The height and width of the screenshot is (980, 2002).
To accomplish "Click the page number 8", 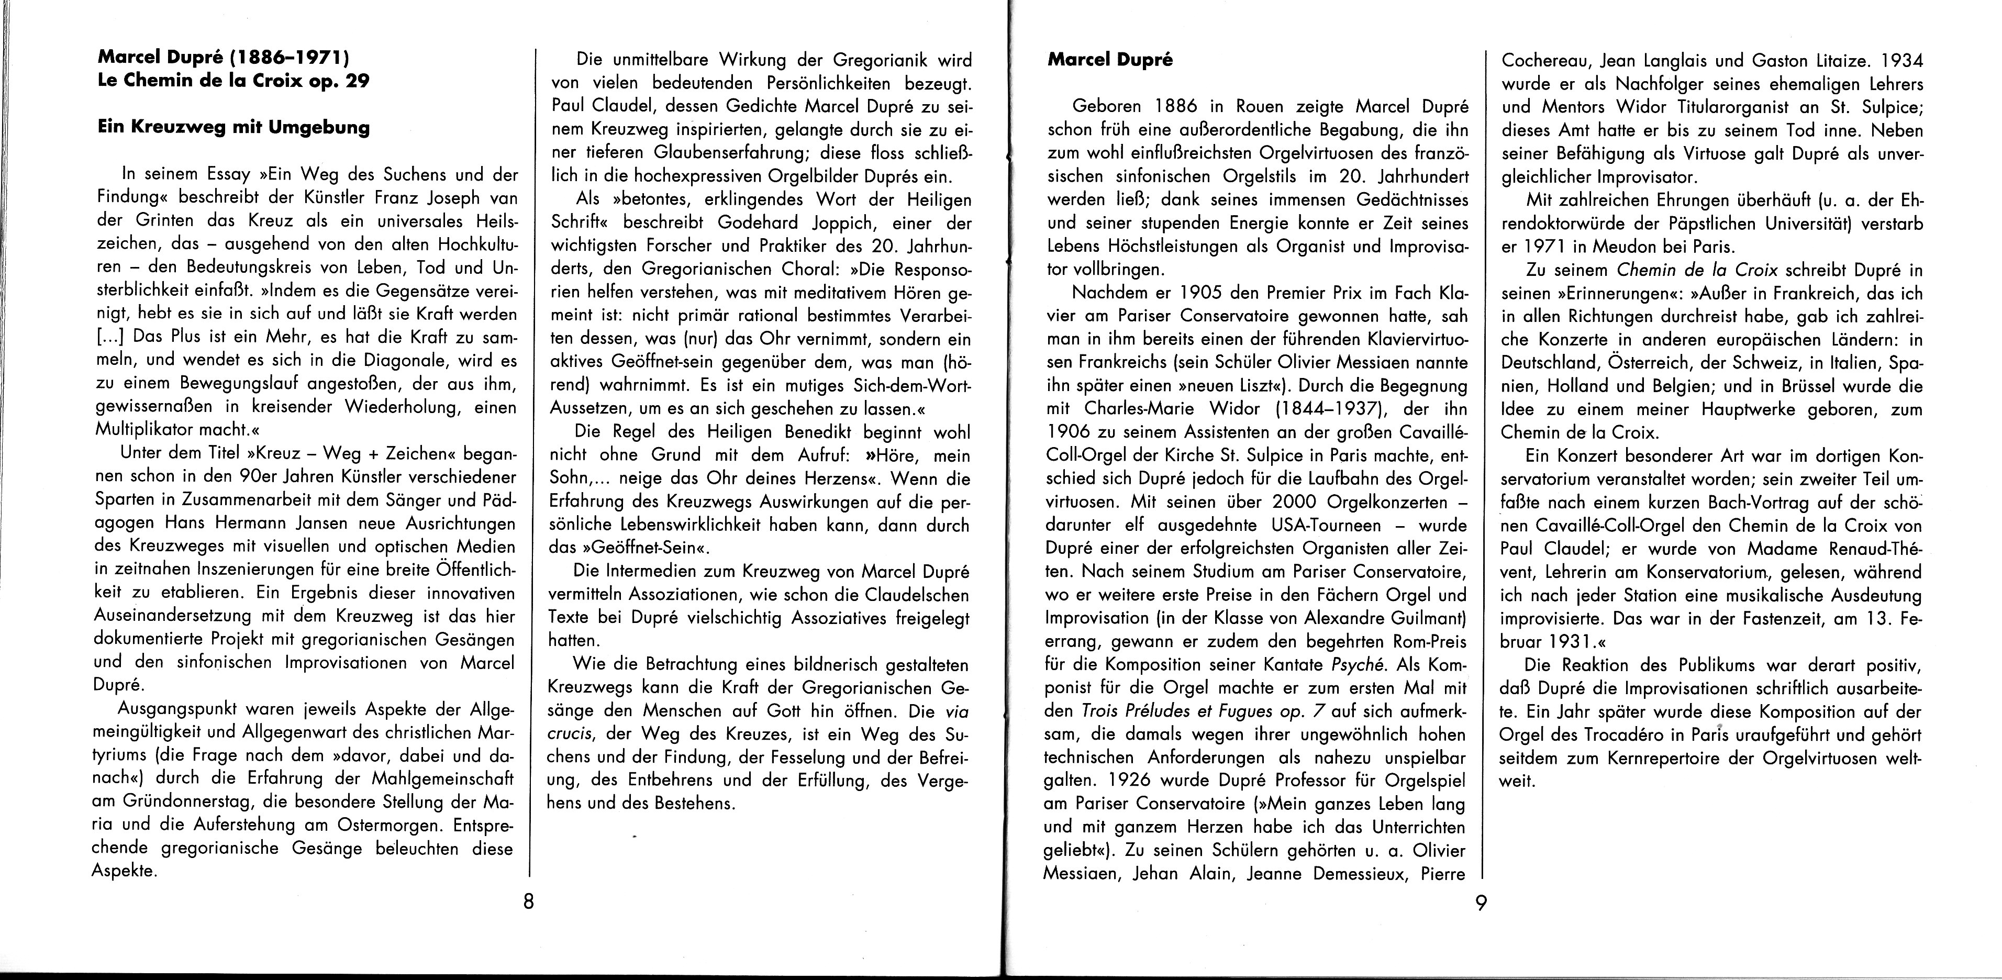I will [x=528, y=903].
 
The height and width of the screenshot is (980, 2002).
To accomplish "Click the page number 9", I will [x=1481, y=903].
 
